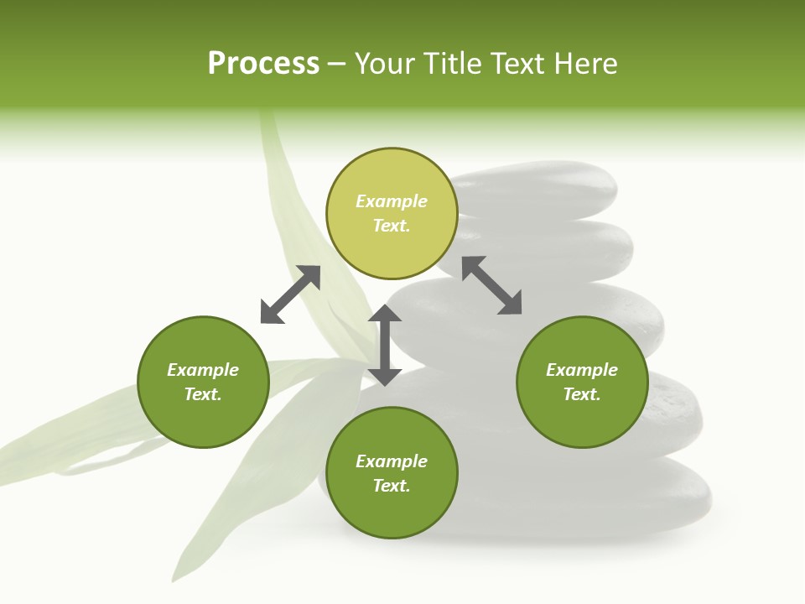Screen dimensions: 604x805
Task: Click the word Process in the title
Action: pos(263,64)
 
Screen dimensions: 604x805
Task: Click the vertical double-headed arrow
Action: pos(385,345)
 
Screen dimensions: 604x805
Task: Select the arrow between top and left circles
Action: pos(290,294)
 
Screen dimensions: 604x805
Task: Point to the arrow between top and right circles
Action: pos(491,285)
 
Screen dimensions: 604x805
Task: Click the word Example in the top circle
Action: pos(392,201)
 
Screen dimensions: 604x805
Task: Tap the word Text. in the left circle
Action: pos(203,394)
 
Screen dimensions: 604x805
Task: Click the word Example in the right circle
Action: pos(582,370)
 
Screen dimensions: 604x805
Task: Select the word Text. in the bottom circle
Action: pos(392,486)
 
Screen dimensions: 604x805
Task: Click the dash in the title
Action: pos(336,64)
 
